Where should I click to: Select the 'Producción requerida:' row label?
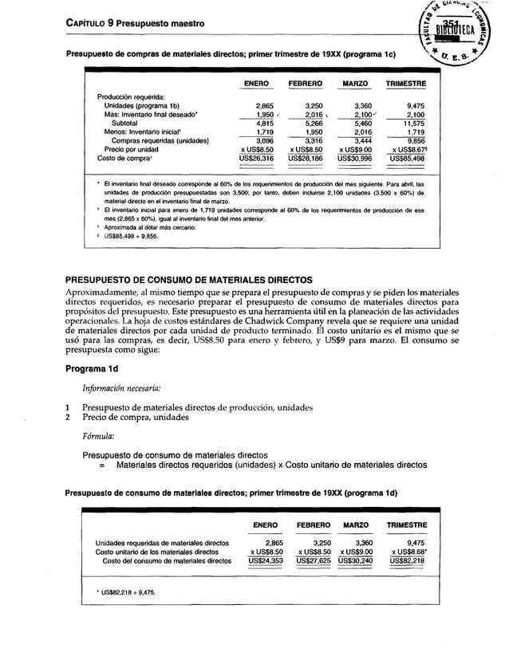tap(131, 97)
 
